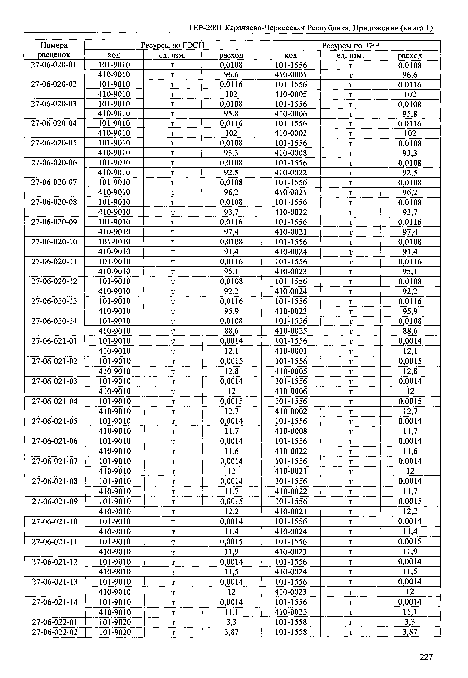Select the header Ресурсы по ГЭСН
coord(173,45)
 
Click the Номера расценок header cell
coord(54,50)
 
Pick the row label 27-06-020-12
coord(54,281)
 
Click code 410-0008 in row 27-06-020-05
coord(291,153)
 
